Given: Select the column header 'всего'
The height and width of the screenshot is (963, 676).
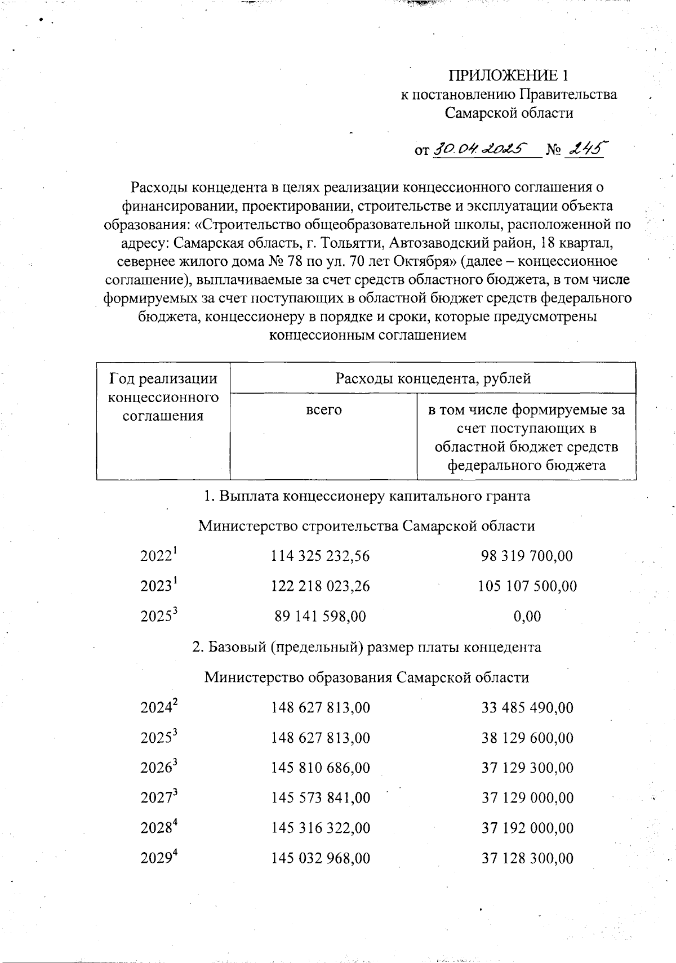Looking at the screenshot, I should (x=323, y=410).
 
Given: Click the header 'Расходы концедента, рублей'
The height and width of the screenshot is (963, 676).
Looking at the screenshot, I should (x=433, y=378).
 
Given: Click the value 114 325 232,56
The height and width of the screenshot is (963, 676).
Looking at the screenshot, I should (x=320, y=556).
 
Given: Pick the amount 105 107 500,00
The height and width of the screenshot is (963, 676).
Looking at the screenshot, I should (x=527, y=586).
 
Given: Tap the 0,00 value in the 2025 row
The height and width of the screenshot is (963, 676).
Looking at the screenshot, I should (x=527, y=616).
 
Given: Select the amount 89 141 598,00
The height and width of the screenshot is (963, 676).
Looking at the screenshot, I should (x=320, y=616).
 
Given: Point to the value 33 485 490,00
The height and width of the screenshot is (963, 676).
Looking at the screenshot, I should (x=527, y=707).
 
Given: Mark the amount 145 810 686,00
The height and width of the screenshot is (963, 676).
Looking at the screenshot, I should (x=320, y=768).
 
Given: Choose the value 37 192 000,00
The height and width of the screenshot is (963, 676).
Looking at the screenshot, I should (x=527, y=828).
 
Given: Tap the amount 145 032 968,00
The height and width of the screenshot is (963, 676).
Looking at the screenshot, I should (x=320, y=858).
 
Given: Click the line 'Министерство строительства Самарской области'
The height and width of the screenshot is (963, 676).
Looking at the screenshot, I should (x=366, y=526).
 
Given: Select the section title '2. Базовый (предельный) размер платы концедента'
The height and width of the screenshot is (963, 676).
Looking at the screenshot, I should (x=366, y=647).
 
